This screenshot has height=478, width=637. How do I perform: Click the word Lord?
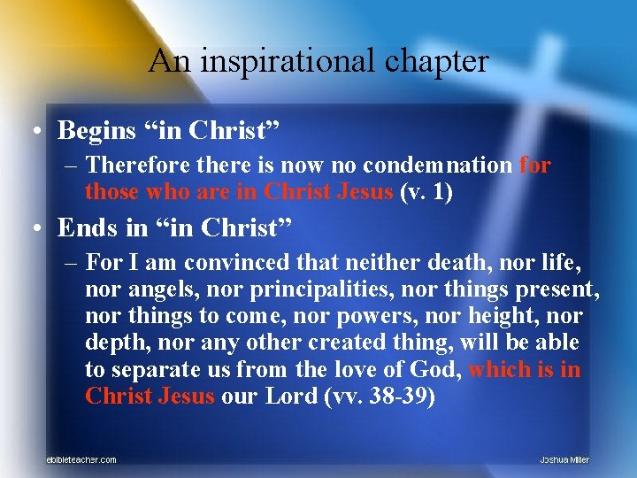pyautogui.click(x=301, y=395)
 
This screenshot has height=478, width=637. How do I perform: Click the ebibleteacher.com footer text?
pyautogui.click(x=81, y=459)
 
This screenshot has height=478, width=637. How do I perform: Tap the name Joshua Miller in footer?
pyautogui.click(x=564, y=459)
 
